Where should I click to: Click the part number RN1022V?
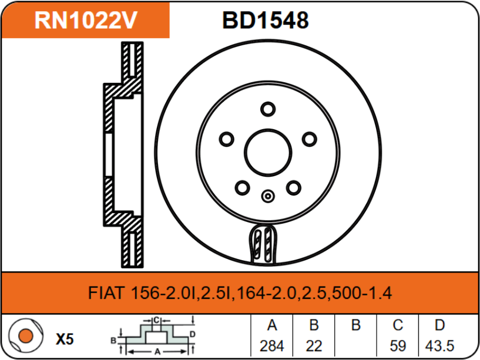86,21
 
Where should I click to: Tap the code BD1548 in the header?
265,21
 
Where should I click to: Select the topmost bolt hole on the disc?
268,109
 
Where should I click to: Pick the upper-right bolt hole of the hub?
309,139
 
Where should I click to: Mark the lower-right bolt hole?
294,187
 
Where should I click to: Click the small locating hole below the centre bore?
268,197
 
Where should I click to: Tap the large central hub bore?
268,152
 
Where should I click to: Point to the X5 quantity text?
64,339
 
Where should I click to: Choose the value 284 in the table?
271,345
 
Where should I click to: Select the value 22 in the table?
314,345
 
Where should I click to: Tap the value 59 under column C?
398,345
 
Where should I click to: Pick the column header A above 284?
271,325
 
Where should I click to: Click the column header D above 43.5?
439,325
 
